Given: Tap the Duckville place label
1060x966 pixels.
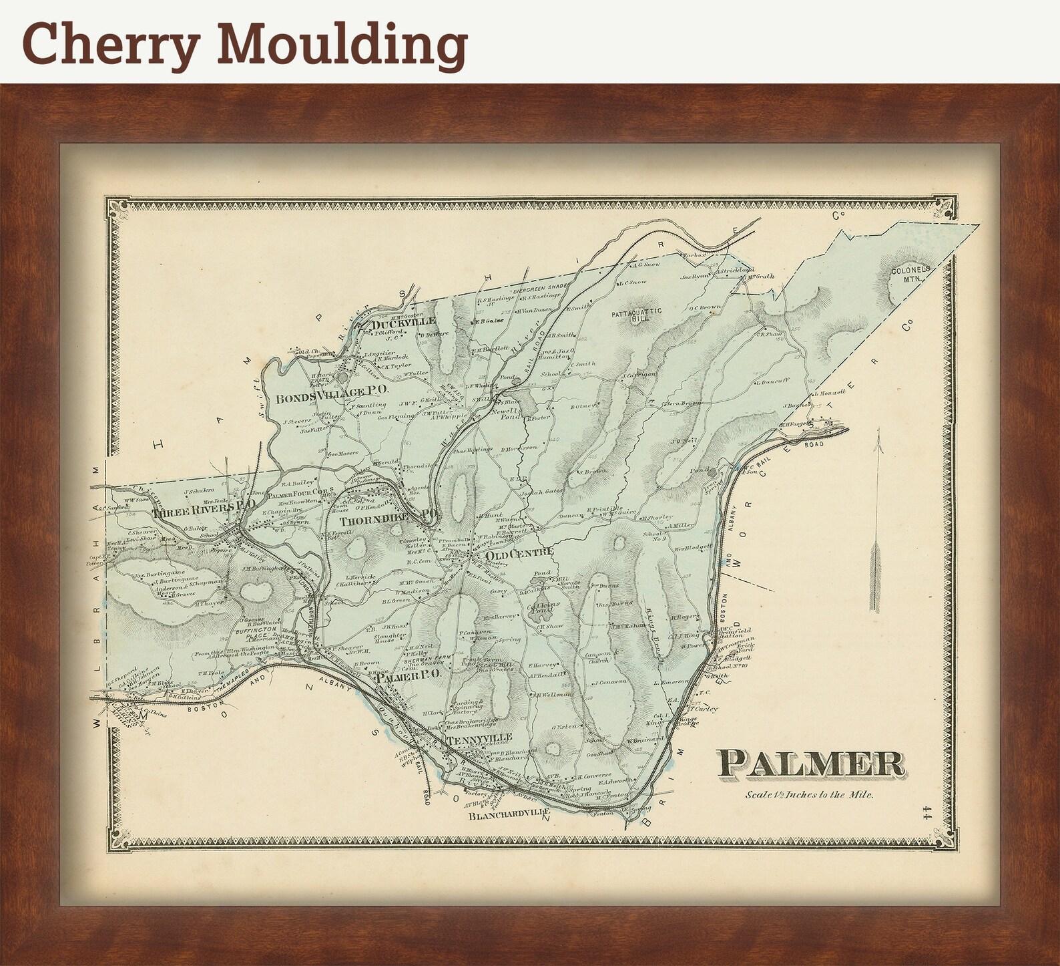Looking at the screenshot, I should [x=403, y=321].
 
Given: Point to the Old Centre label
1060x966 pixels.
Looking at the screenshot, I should [x=519, y=552].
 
